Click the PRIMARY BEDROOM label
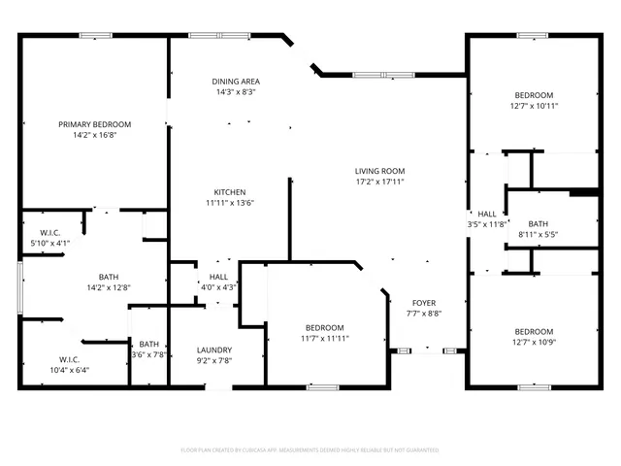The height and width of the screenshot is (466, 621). pos(94,124)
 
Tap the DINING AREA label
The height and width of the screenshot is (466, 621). pos(234,81)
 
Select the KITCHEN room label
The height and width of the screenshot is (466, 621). pos(230,192)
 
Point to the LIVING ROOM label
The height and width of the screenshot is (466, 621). pos(378,171)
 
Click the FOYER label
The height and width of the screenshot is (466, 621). pos(425,302)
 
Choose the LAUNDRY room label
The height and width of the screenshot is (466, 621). pos(213,349)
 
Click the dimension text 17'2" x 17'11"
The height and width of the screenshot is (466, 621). pos(378,182)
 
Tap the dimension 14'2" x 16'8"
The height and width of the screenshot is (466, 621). pos(94,136)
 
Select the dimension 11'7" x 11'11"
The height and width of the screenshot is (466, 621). pos(323,339)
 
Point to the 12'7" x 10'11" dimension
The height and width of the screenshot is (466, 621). pos(534,106)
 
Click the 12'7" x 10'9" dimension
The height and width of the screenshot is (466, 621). pos(534,342)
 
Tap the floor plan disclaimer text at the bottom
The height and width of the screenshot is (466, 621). pos(310,450)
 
